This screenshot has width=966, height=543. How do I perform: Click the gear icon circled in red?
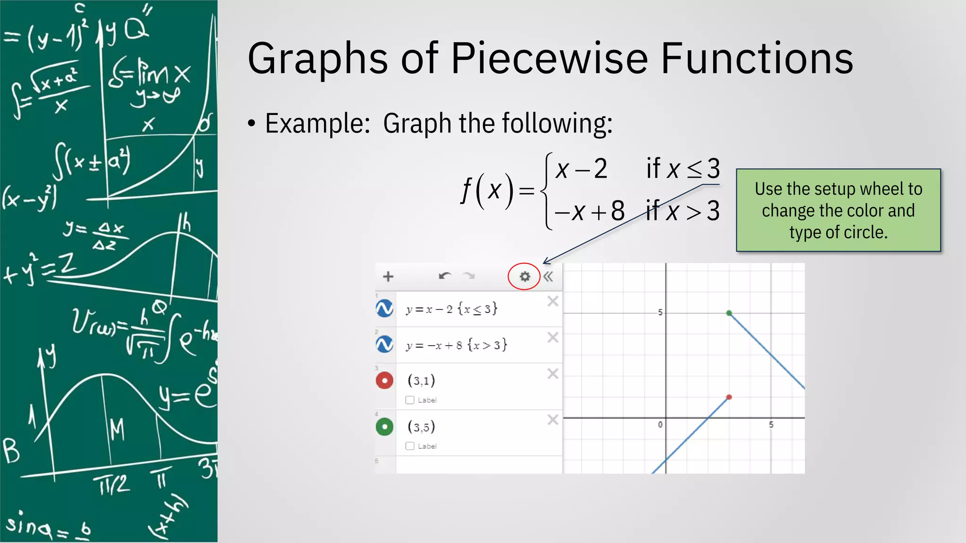pyautogui.click(x=525, y=277)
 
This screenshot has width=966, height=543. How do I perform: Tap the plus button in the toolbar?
pyautogui.click(x=388, y=277)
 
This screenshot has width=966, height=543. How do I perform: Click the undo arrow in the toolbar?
pyautogui.click(x=444, y=276)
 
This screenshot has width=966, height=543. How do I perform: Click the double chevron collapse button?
pyautogui.click(x=548, y=277)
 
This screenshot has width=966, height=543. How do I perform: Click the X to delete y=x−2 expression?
pyautogui.click(x=553, y=301)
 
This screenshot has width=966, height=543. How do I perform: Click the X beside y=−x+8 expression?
pyautogui.click(x=553, y=337)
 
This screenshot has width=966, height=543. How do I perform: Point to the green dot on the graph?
pyautogui.click(x=729, y=313)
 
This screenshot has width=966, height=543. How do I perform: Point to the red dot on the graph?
pyautogui.click(x=729, y=397)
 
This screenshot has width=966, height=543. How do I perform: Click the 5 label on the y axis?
pyautogui.click(x=660, y=313)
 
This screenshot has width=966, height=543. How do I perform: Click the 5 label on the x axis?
pyautogui.click(x=771, y=425)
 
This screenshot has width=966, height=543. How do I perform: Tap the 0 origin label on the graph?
pyautogui.click(x=660, y=425)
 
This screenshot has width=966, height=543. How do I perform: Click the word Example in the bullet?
pyautogui.click(x=317, y=123)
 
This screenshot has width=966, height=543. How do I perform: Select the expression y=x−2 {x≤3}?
pyautogui.click(x=451, y=309)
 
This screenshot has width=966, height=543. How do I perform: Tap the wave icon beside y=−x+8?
pyautogui.click(x=385, y=345)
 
